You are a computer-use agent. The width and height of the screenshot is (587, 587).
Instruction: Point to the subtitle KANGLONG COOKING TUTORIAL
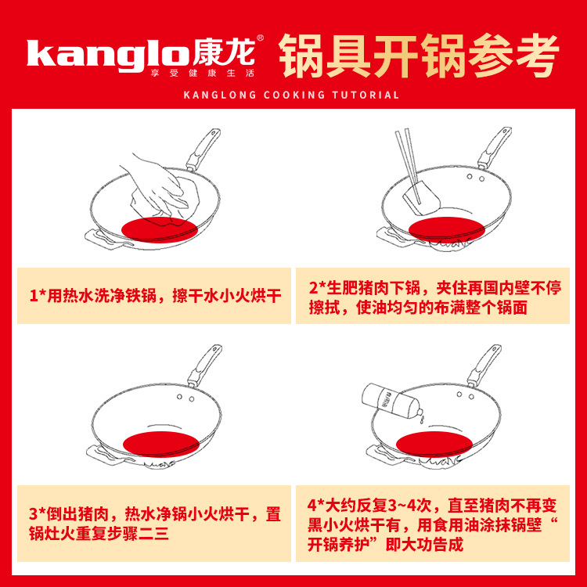tap(291, 95)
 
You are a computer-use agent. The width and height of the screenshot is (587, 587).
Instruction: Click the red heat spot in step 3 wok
tap(159, 443)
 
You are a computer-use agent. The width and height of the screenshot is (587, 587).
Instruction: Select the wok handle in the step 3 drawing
tap(203, 364)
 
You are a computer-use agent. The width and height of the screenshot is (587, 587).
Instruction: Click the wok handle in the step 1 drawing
tap(203, 149)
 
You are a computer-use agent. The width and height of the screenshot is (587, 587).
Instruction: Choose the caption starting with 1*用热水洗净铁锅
tap(154, 296)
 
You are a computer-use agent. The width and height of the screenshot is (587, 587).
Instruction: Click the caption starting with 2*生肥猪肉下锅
tap(435, 297)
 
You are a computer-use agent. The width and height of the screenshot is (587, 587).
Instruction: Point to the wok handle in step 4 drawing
tap(483, 364)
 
